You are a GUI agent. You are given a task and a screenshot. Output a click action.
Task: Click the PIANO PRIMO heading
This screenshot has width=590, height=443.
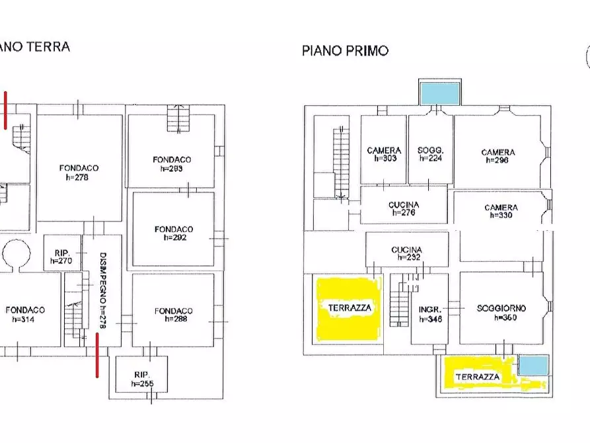point(345,51)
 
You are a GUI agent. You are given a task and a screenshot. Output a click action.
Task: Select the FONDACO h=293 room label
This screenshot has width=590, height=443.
point(172,164)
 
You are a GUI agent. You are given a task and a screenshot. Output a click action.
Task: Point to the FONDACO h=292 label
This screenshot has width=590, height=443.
point(174,233)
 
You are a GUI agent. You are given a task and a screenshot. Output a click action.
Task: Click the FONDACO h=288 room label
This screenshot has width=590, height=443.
point(174,315)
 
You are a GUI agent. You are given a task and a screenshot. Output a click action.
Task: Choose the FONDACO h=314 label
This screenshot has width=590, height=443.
point(26,314)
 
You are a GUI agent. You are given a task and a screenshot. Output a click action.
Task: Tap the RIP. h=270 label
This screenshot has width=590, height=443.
point(61,257)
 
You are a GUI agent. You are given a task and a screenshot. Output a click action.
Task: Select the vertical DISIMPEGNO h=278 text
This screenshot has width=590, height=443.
point(102,291)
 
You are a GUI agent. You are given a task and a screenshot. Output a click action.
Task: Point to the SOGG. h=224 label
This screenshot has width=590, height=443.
point(430,155)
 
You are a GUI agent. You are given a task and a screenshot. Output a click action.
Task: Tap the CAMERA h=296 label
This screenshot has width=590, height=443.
point(498,156)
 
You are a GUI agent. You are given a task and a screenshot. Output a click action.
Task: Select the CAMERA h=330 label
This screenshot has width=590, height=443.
point(501,212)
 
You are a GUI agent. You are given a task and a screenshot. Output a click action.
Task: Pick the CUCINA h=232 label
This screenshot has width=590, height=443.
point(406,253)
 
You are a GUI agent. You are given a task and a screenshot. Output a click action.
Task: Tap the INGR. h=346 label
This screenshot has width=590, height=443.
point(430,313)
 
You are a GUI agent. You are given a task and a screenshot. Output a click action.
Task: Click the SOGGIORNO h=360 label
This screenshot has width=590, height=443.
point(501,312)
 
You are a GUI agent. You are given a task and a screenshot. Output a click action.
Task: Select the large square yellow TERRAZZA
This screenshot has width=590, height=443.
point(350,308)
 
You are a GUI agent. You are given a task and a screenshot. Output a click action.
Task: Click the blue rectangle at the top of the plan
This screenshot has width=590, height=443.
point(439,93)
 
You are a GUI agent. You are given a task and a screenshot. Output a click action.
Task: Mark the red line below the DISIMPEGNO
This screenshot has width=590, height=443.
point(97,355)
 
